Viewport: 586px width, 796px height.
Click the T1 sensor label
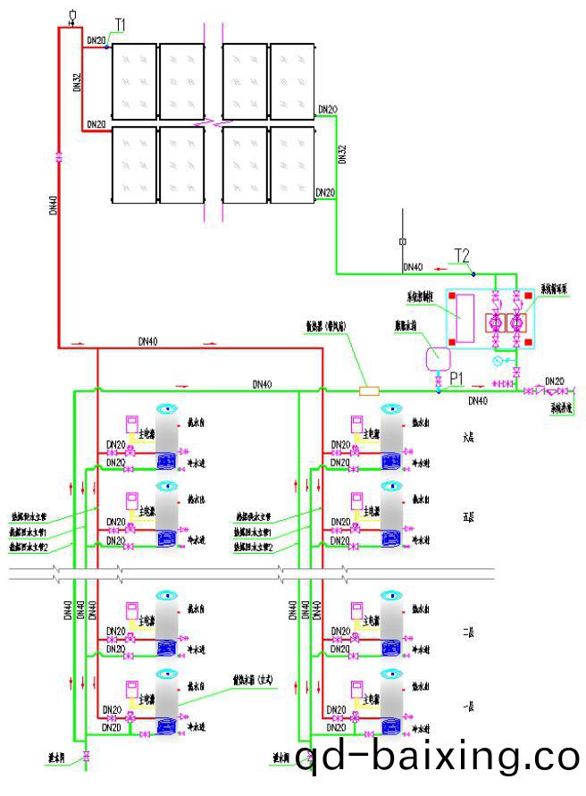pos(121,23)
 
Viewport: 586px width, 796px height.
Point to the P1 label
pos(456,377)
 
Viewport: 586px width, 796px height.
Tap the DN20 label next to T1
pos(96,40)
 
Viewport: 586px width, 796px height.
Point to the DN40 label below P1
pos(479,402)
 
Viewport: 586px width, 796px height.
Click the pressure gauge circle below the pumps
pos(498,362)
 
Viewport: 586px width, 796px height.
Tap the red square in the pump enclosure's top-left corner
pos(453,296)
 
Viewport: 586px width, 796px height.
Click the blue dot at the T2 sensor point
pos(473,273)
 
